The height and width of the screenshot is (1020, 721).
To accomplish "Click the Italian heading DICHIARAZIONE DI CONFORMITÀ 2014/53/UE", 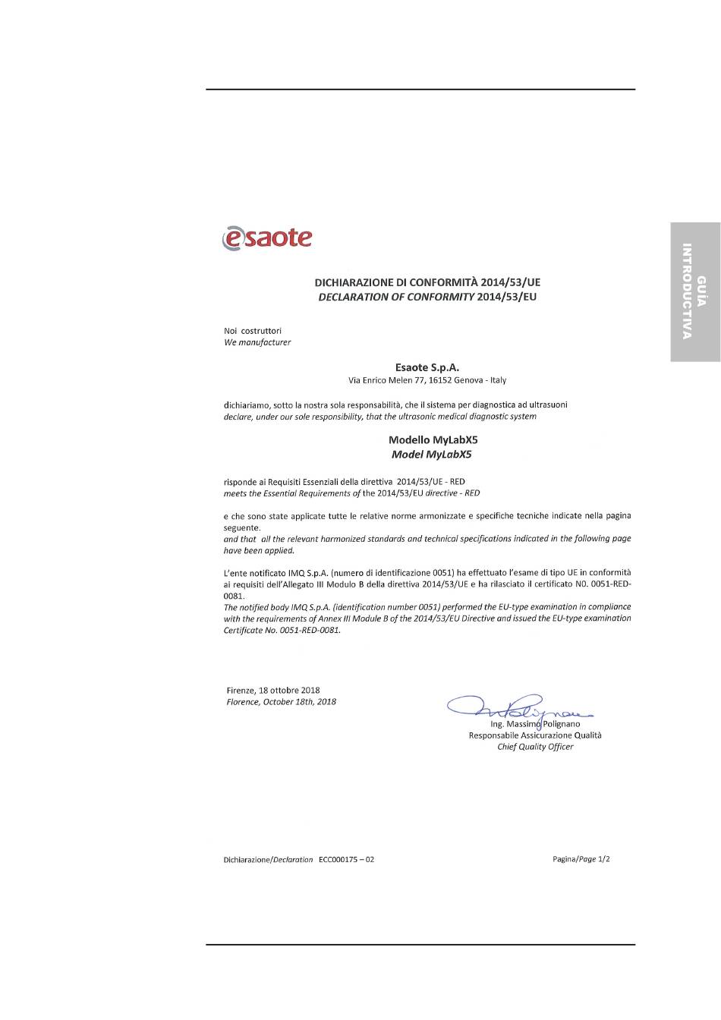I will tap(427, 282).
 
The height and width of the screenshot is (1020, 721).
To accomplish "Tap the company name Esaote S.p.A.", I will tap(427, 367).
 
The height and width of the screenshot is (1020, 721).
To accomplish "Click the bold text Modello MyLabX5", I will tap(433, 439).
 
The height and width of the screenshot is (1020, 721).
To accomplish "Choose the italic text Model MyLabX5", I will tap(431, 455).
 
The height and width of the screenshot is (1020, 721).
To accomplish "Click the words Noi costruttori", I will tap(253, 331).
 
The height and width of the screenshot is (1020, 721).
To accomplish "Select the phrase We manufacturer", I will tap(257, 342).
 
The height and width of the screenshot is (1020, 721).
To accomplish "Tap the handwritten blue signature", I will tap(516, 707).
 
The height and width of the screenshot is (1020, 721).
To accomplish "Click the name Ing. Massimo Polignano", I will tap(535, 724).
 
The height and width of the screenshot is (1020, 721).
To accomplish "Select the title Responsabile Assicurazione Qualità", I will tap(535, 735).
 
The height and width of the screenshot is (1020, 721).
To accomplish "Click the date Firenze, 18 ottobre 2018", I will tap(273, 691).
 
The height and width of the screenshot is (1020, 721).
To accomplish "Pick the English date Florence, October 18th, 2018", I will tap(281, 702).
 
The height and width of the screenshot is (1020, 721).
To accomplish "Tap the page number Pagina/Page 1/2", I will tap(581, 859).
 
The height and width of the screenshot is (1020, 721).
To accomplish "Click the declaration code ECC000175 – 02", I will tap(346, 860).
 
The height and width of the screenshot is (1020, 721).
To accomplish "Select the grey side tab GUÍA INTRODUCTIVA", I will tap(694, 291).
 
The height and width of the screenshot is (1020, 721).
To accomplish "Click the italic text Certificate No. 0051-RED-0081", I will tap(282, 630).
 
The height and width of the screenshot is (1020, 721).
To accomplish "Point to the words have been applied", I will tap(259, 551).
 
